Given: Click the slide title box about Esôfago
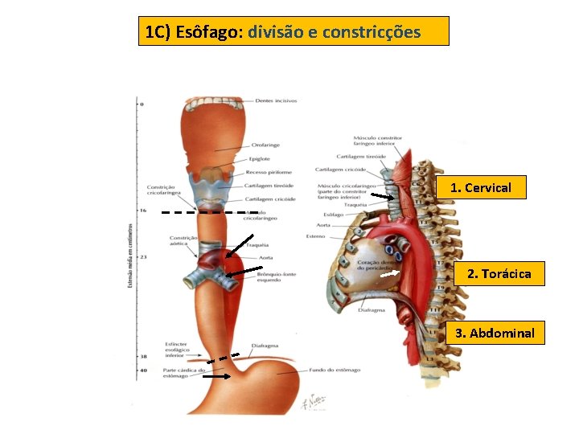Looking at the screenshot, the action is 294,32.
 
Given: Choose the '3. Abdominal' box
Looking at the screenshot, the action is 495,333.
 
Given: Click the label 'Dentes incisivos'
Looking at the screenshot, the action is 276,101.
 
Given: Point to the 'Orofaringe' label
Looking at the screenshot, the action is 265,145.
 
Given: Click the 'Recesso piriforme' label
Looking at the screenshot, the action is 269,171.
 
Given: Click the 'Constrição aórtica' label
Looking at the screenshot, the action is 183,240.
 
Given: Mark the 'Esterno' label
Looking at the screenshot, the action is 315,235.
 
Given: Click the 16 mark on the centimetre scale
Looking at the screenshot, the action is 143,210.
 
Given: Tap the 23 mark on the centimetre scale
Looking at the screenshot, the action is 143,256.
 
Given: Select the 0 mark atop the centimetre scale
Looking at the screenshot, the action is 142,104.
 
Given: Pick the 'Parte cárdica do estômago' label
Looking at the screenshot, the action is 179,373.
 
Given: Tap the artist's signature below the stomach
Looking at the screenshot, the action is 310,401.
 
